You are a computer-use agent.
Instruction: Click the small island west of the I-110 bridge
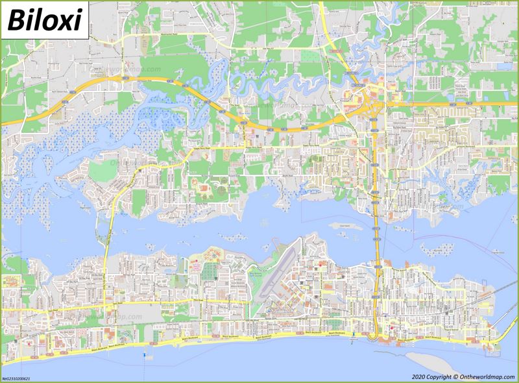(343, 225)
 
